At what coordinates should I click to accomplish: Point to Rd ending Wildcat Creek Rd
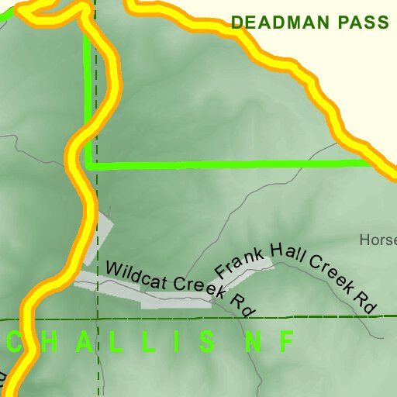[242, 303]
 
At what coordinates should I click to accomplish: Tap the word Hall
[286, 254]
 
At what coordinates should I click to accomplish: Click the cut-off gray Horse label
[378, 240]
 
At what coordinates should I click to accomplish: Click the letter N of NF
[253, 341]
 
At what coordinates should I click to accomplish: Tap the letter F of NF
[287, 341]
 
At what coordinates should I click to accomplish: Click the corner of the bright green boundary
[89, 164]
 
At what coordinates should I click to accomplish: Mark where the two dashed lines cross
[98, 319]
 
